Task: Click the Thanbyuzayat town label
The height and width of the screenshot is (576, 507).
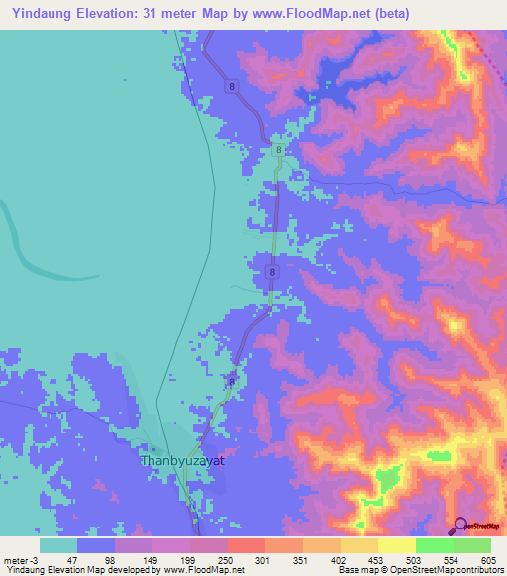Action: pos(183,461)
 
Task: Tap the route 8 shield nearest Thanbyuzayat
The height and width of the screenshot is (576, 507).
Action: pos(232,381)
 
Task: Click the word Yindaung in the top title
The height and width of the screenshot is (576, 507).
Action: pos(43,13)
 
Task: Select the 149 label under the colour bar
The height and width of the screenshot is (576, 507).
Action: pos(152,559)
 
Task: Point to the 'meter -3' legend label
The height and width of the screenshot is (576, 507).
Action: pos(21,559)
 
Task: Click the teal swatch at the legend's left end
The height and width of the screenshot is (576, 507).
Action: pos(58,545)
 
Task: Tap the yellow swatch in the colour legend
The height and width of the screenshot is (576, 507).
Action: pos(396,545)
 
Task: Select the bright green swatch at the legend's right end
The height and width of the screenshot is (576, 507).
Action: pos(472,545)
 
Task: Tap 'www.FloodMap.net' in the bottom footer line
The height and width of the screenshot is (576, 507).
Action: pos(206,570)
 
